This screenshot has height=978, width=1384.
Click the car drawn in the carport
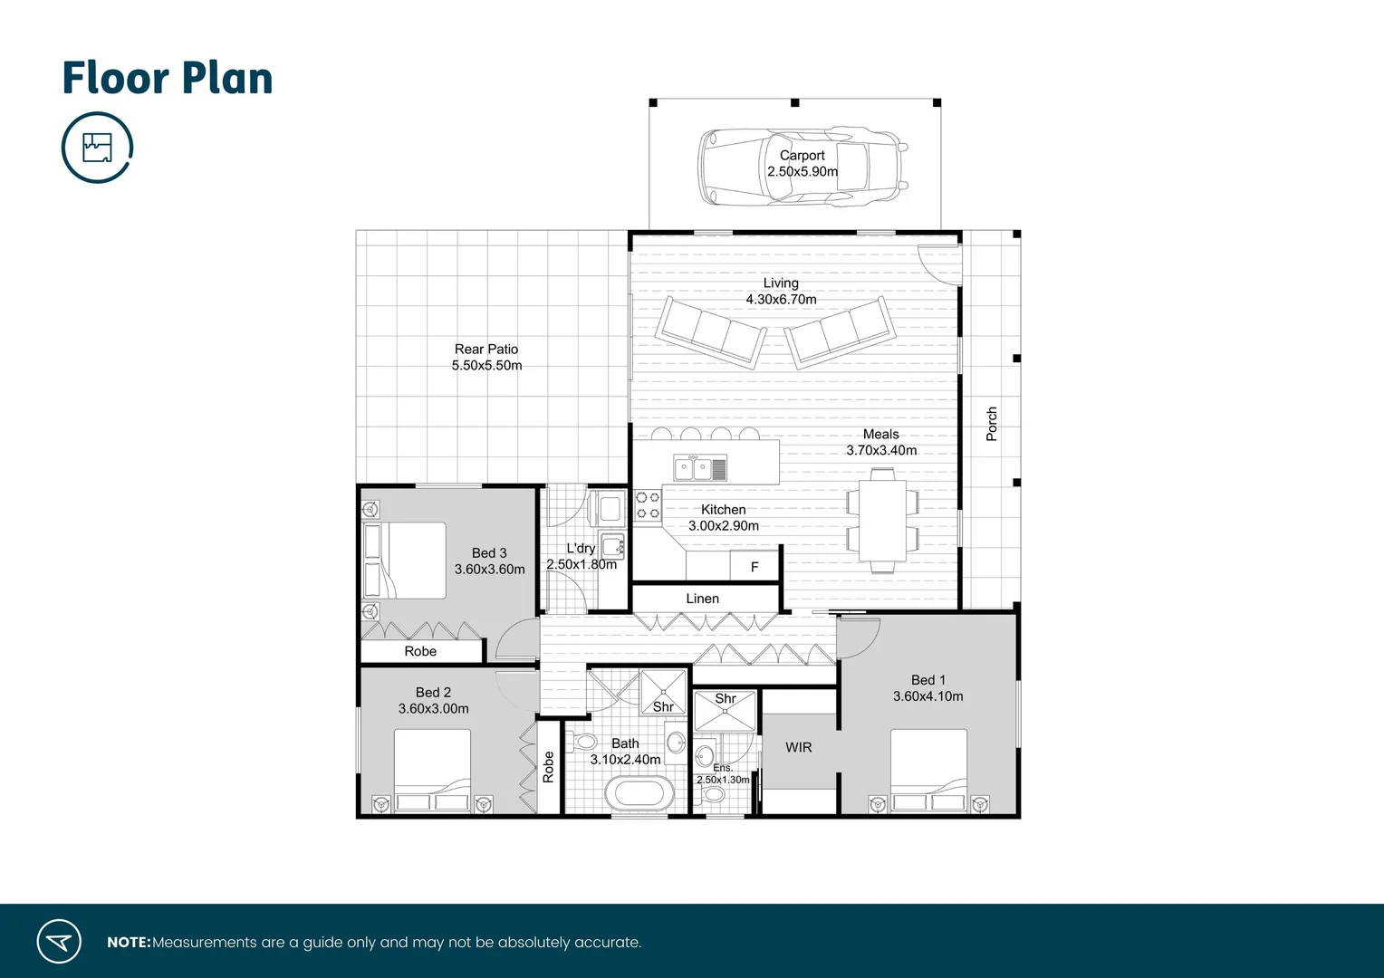tap(803, 165)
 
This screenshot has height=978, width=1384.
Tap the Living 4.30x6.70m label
tap(781, 292)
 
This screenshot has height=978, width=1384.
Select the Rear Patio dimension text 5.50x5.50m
tap(487, 366)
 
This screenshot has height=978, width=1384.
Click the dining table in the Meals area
tap(882, 521)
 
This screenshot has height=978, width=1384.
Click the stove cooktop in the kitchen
tap(648, 505)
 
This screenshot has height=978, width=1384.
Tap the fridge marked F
tap(754, 567)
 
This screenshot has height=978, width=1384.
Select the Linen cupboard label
tap(703, 599)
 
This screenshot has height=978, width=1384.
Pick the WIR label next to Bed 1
tap(799, 747)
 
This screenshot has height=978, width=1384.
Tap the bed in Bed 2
tap(433, 770)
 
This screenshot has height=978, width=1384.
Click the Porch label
tap(991, 424)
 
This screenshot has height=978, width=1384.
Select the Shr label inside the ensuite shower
tap(726, 698)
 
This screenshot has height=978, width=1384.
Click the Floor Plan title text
tap(168, 78)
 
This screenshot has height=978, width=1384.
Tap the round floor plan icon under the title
tap(97, 147)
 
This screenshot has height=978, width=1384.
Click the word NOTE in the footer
tap(129, 943)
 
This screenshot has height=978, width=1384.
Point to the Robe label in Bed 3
tap(420, 651)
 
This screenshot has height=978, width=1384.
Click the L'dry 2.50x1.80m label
tap(581, 556)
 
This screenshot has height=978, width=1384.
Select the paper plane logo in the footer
tap(59, 942)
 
